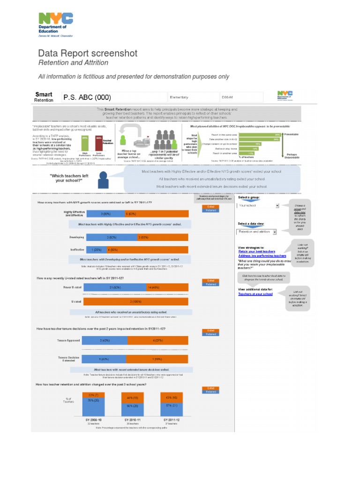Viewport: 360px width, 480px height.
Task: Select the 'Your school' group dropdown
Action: [x=259, y=205]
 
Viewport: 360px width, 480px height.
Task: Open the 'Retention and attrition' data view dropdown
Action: [x=257, y=232]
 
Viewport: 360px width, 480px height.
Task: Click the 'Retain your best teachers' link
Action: [x=256, y=251]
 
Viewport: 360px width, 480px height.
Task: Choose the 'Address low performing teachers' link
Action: [x=262, y=256]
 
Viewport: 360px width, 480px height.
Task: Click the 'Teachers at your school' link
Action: [x=255, y=294]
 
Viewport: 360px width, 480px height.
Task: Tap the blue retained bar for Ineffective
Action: [x=94, y=250]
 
